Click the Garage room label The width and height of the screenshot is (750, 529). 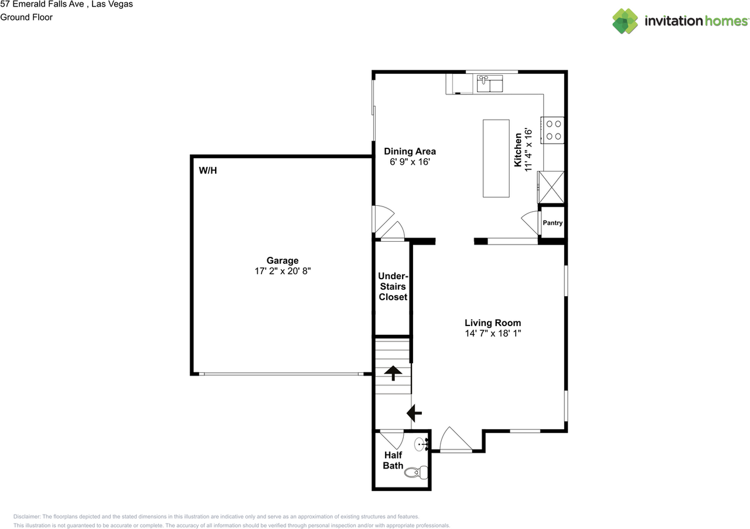[282, 260]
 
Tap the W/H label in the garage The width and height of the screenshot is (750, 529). [208, 171]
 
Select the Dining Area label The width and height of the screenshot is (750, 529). [410, 151]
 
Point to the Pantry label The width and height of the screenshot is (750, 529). [553, 223]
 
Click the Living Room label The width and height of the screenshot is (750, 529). [492, 323]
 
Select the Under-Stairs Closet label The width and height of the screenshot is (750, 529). [393, 286]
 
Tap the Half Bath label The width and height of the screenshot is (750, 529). [393, 460]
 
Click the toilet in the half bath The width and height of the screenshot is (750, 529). [417, 470]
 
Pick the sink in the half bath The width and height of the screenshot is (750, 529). [421, 445]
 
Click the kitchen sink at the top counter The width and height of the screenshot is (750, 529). [489, 84]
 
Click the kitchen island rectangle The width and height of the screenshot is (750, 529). [496, 158]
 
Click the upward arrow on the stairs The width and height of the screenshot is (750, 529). [392, 372]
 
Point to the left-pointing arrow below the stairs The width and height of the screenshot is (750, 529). [415, 413]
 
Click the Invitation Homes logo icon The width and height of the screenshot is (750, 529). [625, 21]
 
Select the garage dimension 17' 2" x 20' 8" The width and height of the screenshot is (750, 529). [282, 272]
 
